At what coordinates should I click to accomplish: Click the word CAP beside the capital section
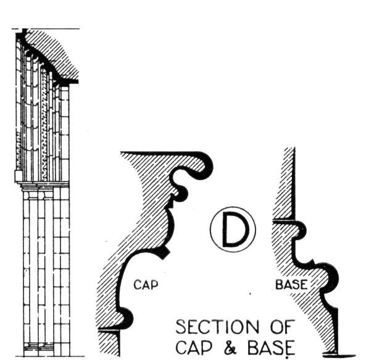[146, 285]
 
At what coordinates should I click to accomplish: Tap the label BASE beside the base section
[291, 285]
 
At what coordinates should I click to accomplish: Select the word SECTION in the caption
[217, 327]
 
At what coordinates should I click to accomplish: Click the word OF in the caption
[283, 327]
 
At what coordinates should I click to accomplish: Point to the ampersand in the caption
[230, 348]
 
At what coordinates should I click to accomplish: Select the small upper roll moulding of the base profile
[302, 229]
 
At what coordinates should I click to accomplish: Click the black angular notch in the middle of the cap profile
[165, 253]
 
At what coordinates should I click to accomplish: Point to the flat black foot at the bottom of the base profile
[339, 355]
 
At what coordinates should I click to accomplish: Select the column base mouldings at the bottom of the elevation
[39, 347]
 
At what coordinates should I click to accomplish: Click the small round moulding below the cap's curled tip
[182, 193]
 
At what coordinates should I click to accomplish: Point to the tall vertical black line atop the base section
[294, 184]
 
